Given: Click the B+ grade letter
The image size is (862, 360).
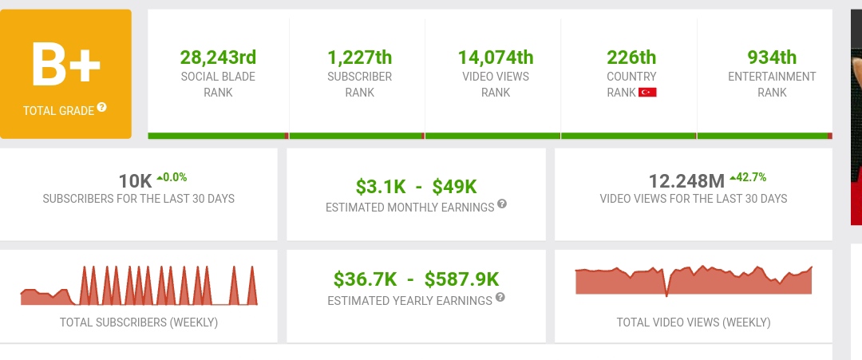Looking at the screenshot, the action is coord(66,64).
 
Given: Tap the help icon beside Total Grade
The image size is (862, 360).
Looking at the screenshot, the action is coord(101,107).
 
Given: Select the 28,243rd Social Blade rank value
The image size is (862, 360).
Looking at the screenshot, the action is coord(218,57).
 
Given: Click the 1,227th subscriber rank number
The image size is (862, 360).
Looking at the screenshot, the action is coord(359,57).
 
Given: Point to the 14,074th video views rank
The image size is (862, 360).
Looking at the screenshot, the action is coord(496,57).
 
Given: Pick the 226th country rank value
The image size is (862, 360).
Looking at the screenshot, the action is coord(631,57).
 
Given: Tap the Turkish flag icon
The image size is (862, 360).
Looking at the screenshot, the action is coord(647,93).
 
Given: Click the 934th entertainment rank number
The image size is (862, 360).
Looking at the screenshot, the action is coord(772,57).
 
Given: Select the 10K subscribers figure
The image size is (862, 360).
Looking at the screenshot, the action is coord(135,181).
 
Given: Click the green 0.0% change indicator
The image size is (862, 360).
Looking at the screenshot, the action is coord(172,177).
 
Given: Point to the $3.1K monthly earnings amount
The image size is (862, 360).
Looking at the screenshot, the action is coord(381,188).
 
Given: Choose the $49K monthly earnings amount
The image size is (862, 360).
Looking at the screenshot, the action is coord(455,188).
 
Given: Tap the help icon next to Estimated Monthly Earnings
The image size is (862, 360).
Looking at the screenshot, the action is coord(502,204).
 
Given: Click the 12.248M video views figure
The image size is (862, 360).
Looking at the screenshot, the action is coord(687,181).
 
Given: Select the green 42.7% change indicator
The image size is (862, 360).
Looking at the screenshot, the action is coord(748,177).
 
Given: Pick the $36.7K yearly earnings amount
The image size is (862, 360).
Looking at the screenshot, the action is coord(365,279).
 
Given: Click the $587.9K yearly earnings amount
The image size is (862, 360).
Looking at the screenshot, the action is coord(462,279).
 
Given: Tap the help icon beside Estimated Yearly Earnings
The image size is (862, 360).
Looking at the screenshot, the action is coord(500,298).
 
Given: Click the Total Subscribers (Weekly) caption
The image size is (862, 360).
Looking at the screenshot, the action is coord(139,322).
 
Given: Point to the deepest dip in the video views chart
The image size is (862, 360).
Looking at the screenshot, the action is coord(666,295).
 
